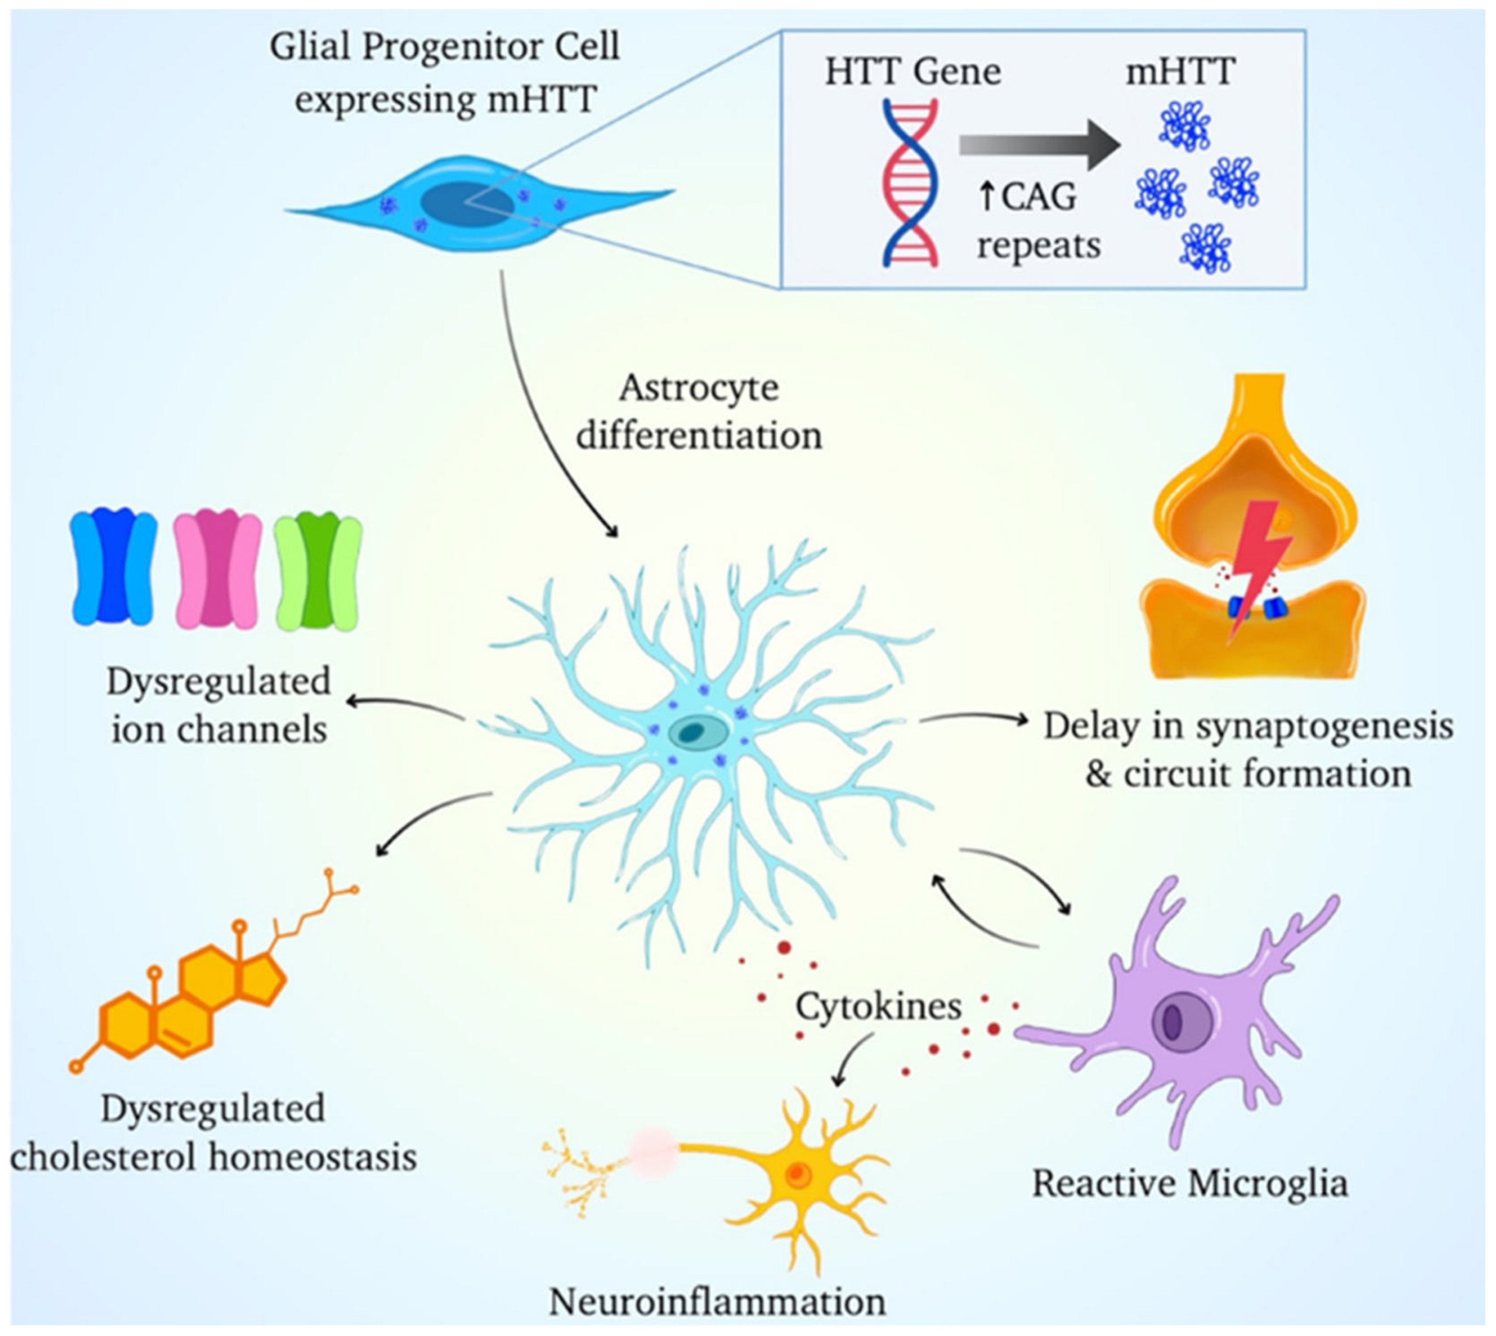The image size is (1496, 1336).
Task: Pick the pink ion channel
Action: [x=217, y=569]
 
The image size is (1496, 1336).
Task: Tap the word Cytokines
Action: [x=878, y=1006]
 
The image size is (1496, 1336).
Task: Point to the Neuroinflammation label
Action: [x=717, y=1302]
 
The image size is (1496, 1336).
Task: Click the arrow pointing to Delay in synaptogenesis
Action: [x=976, y=720]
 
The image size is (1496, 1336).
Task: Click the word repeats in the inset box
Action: [x=1038, y=245]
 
